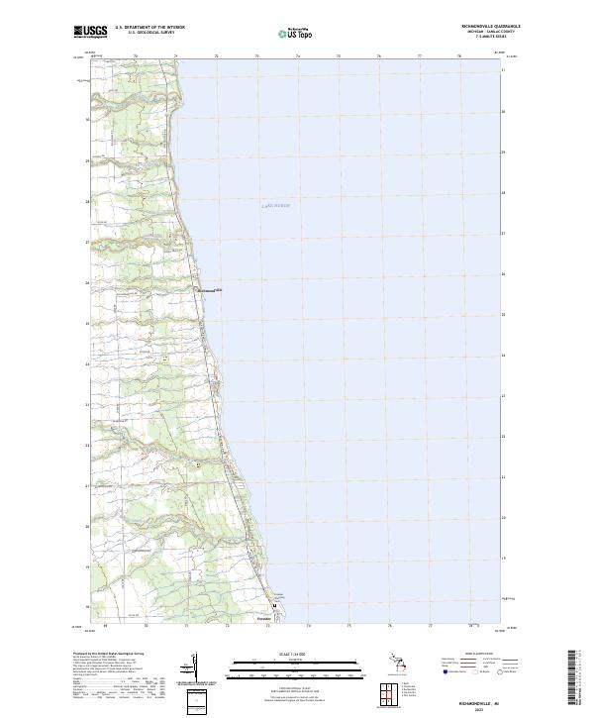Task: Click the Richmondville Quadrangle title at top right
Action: (x=488, y=27)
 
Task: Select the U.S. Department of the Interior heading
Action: (x=149, y=28)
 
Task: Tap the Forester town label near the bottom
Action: (x=263, y=620)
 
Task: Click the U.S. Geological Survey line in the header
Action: (x=149, y=33)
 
